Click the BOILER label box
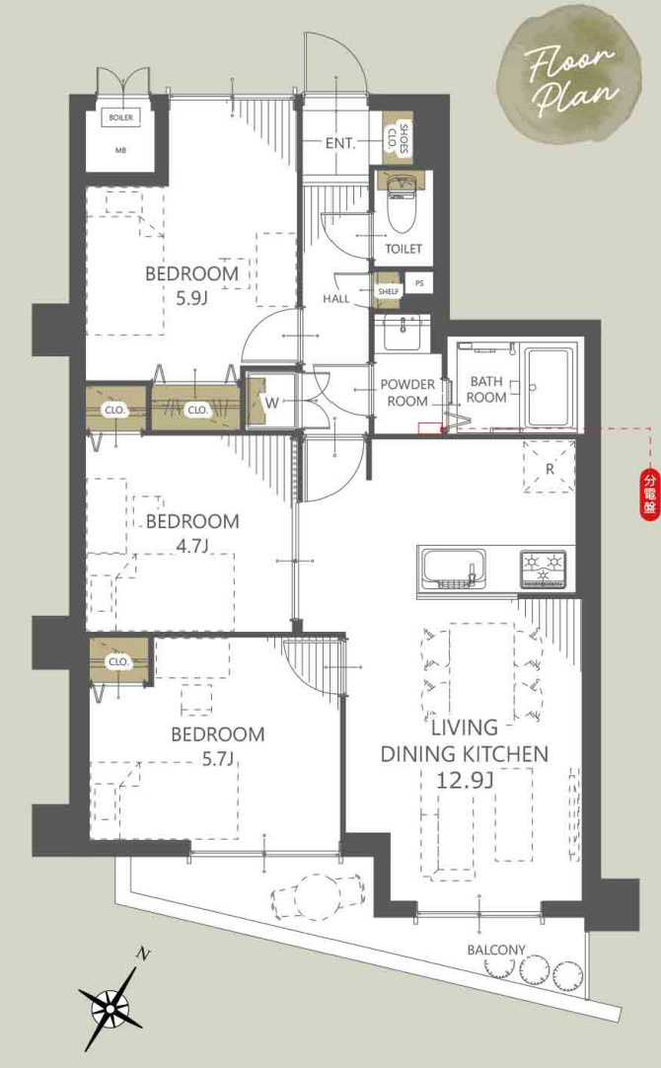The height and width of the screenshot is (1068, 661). tap(120, 117)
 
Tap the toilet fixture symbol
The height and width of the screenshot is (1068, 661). tap(401, 201)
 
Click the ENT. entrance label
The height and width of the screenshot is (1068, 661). tap(339, 144)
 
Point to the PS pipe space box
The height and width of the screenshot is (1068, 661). tap(419, 283)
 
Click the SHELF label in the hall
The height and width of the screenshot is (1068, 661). tap(389, 290)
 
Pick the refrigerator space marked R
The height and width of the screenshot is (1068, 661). tap(550, 467)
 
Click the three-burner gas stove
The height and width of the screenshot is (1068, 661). tap(544, 569)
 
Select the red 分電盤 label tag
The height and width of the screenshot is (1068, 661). tap(650, 496)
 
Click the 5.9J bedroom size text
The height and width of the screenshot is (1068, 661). tap(191, 298)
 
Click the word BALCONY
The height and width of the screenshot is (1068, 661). tap(496, 950)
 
